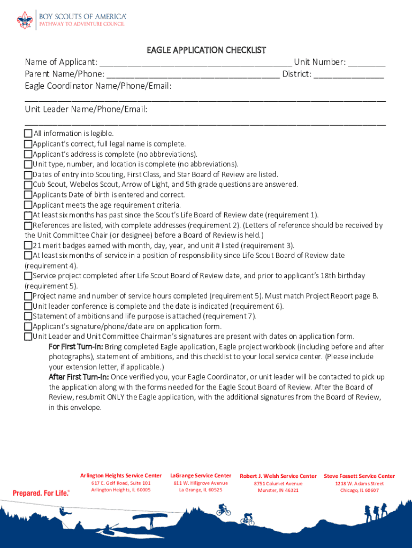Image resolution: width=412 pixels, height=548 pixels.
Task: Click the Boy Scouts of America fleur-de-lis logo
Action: [x=25, y=20]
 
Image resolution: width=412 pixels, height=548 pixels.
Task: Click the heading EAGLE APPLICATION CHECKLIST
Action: [x=206, y=50]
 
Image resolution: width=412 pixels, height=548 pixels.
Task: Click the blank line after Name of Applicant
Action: [x=195, y=63]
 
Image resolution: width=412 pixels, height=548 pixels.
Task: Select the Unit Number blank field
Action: [x=366, y=63]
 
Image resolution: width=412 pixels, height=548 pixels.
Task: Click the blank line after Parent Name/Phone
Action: [x=193, y=74]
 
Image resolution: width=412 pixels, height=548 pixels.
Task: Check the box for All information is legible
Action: [x=28, y=133]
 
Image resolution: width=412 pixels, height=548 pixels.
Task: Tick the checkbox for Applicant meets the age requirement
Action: [x=28, y=205]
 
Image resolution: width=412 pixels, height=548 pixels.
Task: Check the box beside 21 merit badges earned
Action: [x=28, y=245]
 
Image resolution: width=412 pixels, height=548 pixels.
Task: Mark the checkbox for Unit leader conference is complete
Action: [x=28, y=306]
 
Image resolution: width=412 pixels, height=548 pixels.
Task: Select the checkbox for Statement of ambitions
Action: [x=28, y=316]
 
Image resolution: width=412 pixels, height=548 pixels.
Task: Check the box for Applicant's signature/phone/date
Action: [x=28, y=326]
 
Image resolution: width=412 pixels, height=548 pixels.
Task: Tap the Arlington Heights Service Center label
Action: [x=120, y=476]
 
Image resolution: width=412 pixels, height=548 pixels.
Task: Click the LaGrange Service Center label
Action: [x=201, y=475]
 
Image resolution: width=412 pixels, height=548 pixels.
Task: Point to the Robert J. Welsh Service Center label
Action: [x=278, y=476]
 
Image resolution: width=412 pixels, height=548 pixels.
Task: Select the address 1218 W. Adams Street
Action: [x=359, y=483]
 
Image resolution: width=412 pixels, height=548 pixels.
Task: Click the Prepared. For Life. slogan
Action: [x=41, y=493]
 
